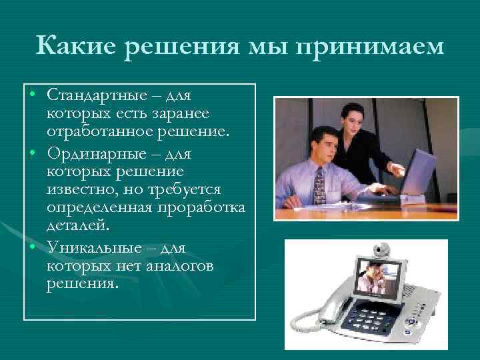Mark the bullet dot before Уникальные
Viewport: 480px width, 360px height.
(32, 247)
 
